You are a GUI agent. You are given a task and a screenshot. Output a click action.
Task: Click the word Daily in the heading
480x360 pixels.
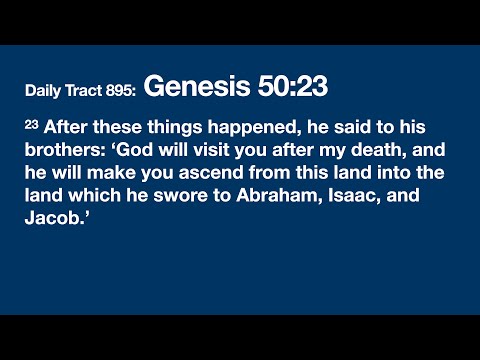click(45, 92)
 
